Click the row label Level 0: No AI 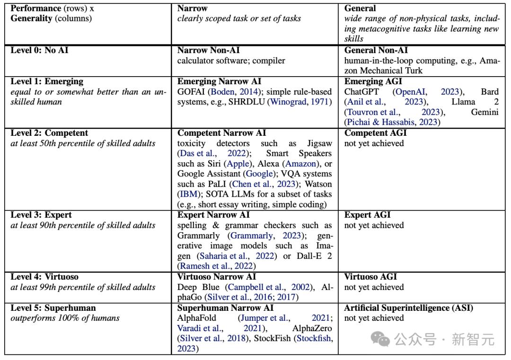point(39,50)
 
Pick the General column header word point(360,8)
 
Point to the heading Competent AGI point(375,133)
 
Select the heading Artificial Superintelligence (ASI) point(408,308)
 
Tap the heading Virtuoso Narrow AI point(216,277)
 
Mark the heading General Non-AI point(376,50)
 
